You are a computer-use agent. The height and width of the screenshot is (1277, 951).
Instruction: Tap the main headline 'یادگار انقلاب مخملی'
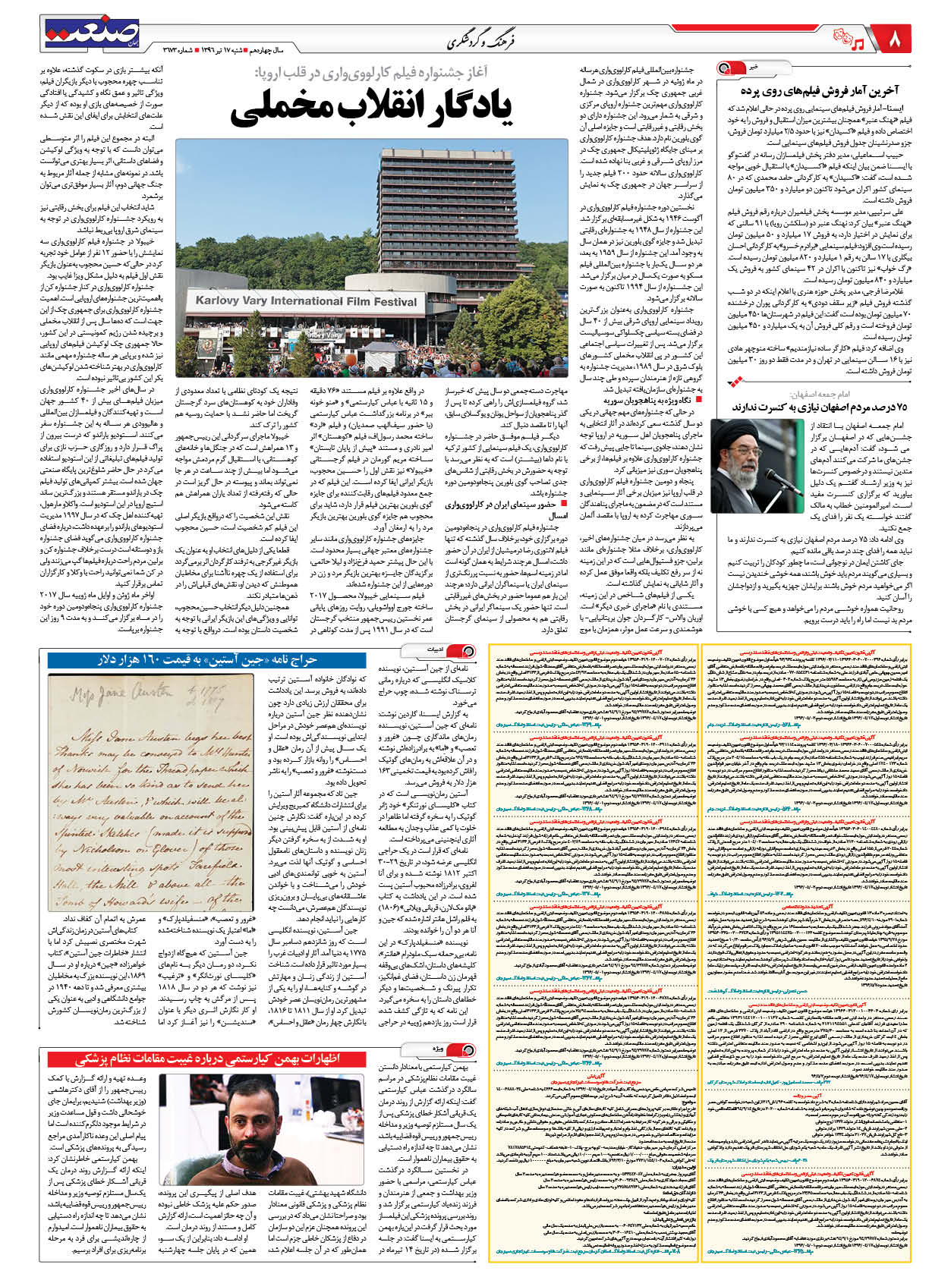point(371,107)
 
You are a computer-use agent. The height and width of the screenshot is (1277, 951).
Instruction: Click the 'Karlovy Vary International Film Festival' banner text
point(306,300)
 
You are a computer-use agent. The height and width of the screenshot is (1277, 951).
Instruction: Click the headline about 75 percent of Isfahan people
point(820,407)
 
